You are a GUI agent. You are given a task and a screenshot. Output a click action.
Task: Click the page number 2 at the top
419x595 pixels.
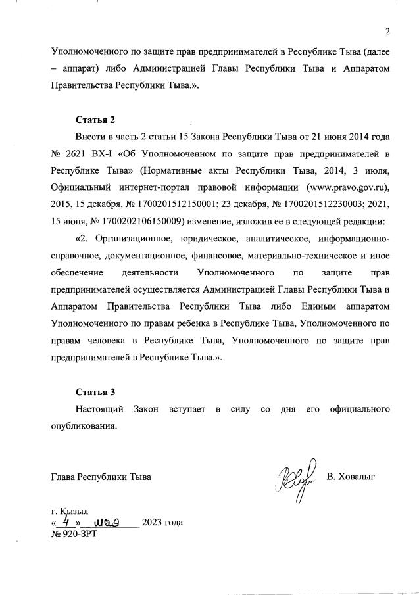pos(388,31)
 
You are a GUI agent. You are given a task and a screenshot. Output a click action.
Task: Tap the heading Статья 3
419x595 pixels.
pos(95,392)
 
